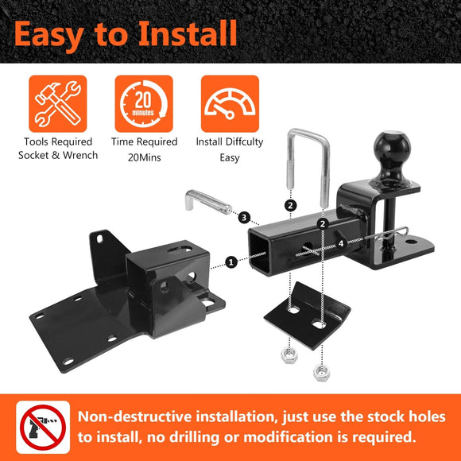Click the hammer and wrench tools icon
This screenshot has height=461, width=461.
[57, 104]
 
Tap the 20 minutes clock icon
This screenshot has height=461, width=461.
[143, 104]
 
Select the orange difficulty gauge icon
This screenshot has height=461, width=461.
[230, 104]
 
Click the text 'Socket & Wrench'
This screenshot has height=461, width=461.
[58, 155]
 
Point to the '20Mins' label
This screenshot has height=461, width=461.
[144, 157]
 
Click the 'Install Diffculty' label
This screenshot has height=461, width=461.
[230, 142]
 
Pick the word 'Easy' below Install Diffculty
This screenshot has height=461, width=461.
[230, 157]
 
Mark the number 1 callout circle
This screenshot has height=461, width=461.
[230, 261]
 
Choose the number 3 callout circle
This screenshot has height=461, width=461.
[244, 217]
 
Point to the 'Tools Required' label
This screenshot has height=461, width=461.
[58, 142]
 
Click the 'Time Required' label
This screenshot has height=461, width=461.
[144, 142]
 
